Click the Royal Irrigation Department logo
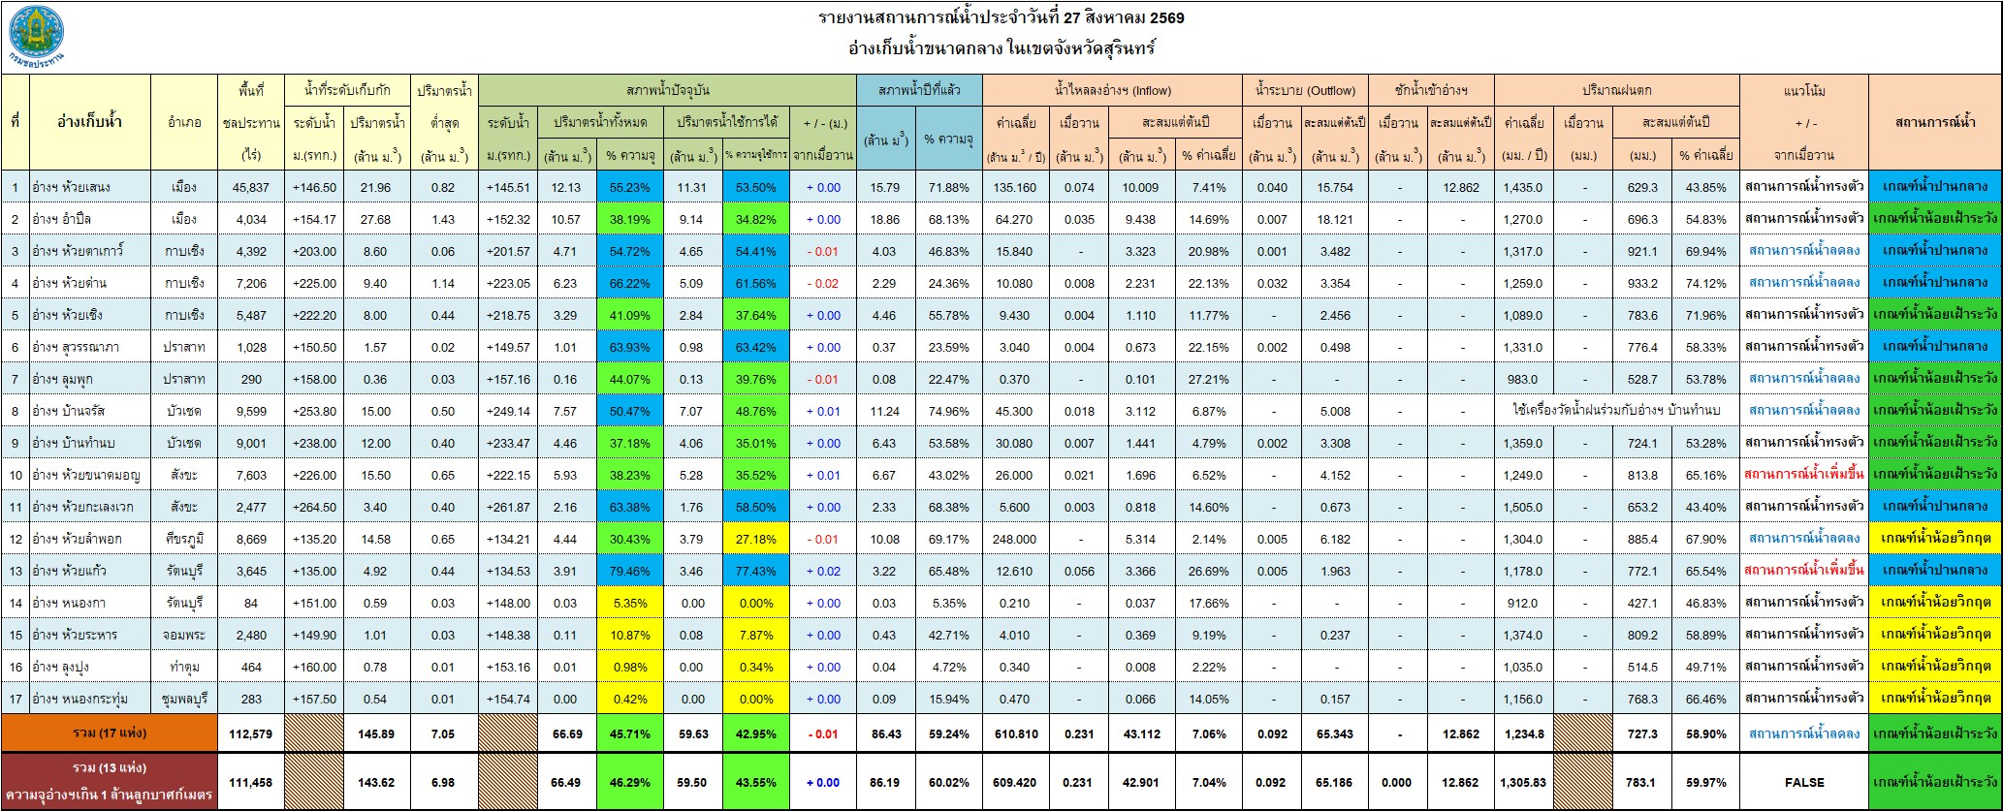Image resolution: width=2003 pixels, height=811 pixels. click(x=37, y=37)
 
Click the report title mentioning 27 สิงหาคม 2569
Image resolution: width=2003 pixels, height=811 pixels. click(x=1001, y=18)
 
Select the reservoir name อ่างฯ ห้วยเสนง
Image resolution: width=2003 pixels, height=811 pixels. click(x=73, y=187)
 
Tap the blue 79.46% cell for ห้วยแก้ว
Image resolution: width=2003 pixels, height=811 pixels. click(x=629, y=571)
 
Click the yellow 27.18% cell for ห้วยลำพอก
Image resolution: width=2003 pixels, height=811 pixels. click(x=755, y=539)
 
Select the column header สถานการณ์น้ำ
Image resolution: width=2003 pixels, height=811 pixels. click(x=1934, y=122)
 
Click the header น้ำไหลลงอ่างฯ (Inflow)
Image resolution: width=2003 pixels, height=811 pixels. click(x=1112, y=91)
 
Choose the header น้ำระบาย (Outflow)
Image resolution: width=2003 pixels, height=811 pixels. click(x=1305, y=91)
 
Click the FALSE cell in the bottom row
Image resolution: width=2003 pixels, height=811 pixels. click(x=1803, y=782)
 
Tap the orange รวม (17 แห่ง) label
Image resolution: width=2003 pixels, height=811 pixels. click(x=110, y=733)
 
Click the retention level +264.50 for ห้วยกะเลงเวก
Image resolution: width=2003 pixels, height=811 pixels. click(x=316, y=507)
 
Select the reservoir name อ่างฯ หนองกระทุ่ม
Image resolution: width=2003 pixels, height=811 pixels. click(x=81, y=699)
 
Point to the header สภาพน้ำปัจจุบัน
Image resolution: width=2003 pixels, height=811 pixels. click(x=667, y=90)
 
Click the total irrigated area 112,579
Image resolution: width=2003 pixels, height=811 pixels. click(x=251, y=733)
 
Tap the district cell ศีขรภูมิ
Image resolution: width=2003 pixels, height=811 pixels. click(x=184, y=539)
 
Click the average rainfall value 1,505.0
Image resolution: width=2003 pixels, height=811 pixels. click(x=1523, y=507)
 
